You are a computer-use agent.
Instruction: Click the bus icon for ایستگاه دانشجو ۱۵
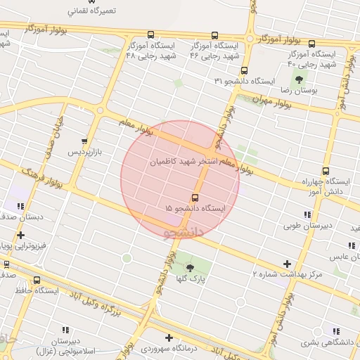[195, 198]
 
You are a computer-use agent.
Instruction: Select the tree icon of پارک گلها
[190, 267]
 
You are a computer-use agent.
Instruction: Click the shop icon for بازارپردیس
[85, 141]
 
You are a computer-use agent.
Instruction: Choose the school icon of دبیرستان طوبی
[307, 214]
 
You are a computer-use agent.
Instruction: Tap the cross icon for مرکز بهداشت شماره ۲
[286, 264]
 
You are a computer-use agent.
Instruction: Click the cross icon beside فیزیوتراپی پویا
[20, 235]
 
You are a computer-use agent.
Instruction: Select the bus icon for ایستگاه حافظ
[37, 279]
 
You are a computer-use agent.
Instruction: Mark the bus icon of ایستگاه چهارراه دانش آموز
[325, 171]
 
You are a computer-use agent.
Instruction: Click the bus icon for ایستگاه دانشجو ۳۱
[244, 70]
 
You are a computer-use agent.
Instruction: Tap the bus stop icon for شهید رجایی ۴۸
[150, 34]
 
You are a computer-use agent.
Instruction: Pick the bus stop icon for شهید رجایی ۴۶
[214, 35]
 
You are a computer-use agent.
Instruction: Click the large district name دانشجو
[183, 230]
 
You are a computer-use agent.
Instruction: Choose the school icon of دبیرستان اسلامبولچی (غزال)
[65, 329]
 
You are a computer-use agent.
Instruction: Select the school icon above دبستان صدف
[20, 206]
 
